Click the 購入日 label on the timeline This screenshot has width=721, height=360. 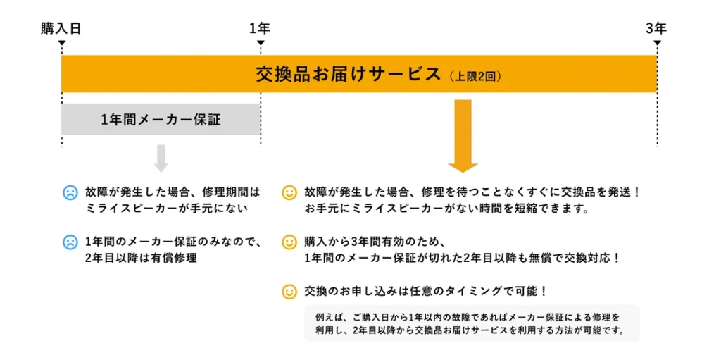(61, 29)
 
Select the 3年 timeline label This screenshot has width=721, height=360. (656, 29)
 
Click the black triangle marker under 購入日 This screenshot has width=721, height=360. (62, 44)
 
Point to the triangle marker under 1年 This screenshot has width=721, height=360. (261, 44)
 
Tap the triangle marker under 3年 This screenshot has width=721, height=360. (657, 44)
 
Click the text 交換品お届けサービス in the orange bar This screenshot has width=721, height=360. (348, 75)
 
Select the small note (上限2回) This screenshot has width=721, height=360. (475, 76)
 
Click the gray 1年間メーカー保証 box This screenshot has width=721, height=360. (161, 120)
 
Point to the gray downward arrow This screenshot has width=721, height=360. (161, 159)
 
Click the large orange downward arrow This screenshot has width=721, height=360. (463, 136)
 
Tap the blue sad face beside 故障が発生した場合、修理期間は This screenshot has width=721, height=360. (70, 192)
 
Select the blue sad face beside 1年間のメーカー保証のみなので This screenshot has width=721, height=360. (70, 242)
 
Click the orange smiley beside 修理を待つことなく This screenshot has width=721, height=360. (289, 192)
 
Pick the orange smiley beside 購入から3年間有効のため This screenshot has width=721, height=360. (289, 242)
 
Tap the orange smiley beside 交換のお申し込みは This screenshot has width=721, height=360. (289, 291)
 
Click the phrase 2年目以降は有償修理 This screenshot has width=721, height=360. (141, 259)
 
